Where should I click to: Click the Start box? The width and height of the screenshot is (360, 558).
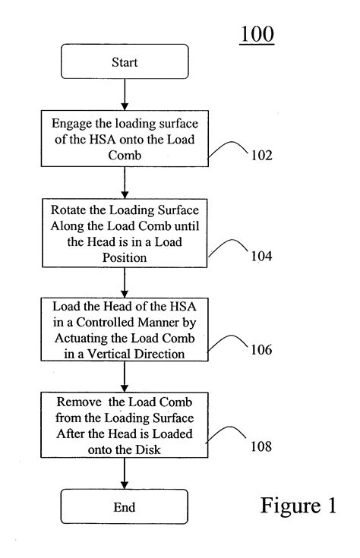[x=125, y=61]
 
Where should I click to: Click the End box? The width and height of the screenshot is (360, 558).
[x=125, y=506]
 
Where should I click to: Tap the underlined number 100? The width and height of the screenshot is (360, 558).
[x=257, y=34]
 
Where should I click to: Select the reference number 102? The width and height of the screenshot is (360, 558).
[x=262, y=155]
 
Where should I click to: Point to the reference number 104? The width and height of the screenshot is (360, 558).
[x=261, y=256]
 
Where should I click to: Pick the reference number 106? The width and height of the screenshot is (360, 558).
[x=261, y=349]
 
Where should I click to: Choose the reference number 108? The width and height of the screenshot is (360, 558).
[x=261, y=446]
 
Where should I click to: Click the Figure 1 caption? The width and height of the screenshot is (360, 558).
[x=298, y=506]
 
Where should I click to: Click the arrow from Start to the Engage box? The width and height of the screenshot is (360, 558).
[x=125, y=95]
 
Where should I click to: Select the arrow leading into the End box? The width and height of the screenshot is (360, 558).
[x=125, y=473]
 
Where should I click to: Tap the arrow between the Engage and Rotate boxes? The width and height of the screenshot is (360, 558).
[x=125, y=182]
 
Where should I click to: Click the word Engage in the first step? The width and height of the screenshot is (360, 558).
[x=71, y=125]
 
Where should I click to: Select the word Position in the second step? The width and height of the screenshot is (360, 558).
[x=125, y=257]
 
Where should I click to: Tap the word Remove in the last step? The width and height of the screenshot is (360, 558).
[x=79, y=402]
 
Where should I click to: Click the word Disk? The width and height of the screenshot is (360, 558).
[x=148, y=449]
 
